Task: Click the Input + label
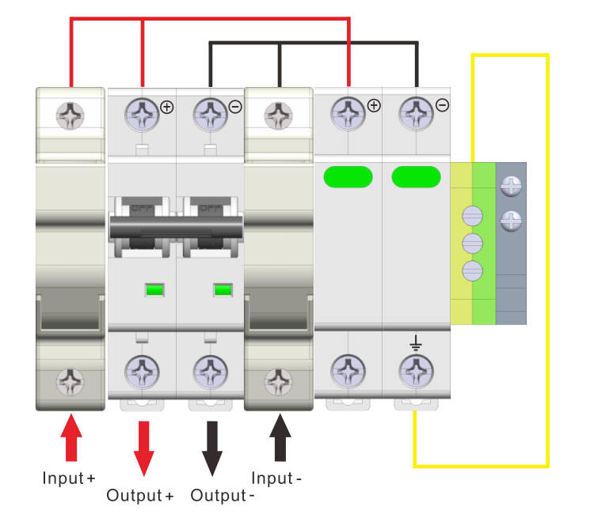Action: (69, 478)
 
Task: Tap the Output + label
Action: (140, 496)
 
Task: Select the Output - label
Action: (223, 496)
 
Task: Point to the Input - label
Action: (276, 478)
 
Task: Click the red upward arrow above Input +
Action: (71, 438)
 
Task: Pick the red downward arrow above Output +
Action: (143, 447)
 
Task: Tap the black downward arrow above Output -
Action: (211, 447)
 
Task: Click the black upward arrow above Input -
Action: (279, 438)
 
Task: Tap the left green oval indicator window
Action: (348, 177)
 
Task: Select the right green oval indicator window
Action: (416, 177)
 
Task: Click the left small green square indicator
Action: (154, 289)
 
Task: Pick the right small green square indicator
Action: (223, 289)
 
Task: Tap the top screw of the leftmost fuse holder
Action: (70, 117)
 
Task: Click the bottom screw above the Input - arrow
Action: (278, 381)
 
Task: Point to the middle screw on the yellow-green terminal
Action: (471, 241)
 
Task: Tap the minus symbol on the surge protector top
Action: (443, 105)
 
